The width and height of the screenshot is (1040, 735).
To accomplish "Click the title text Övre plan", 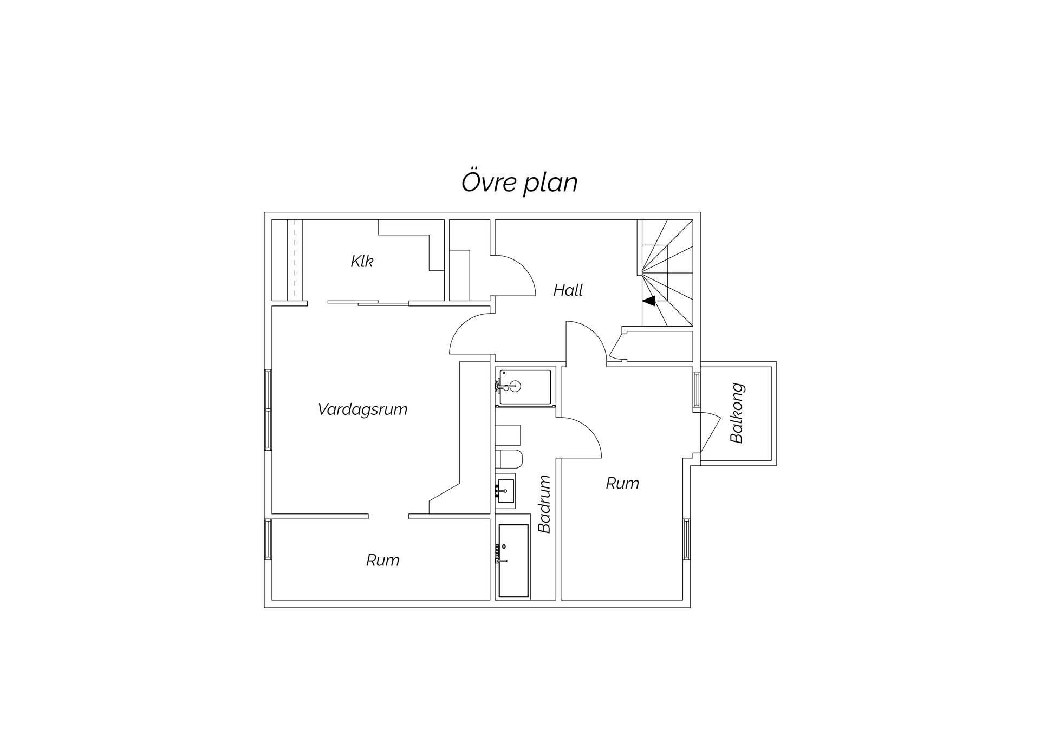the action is (x=519, y=183).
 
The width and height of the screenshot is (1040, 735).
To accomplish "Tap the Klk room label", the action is (x=362, y=262).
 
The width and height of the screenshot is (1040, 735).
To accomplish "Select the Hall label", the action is (x=568, y=290).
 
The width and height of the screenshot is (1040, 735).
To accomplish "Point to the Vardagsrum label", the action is (x=362, y=409).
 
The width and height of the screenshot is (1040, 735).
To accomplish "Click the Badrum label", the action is (x=544, y=504).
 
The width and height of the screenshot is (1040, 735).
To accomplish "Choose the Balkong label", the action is (x=737, y=413).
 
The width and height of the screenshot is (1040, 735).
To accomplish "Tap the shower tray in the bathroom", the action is (x=525, y=387).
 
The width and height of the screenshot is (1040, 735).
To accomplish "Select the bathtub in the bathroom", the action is (x=513, y=561).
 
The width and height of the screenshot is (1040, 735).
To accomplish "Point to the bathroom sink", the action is (x=505, y=491).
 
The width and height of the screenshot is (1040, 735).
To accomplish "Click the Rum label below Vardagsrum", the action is (x=382, y=560).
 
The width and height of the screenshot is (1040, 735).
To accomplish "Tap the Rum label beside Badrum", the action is (x=622, y=483).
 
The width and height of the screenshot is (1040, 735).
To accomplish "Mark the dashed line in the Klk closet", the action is (x=295, y=259).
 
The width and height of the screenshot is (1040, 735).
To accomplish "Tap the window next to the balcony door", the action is (x=696, y=388).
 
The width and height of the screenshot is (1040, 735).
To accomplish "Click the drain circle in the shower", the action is (x=514, y=386).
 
